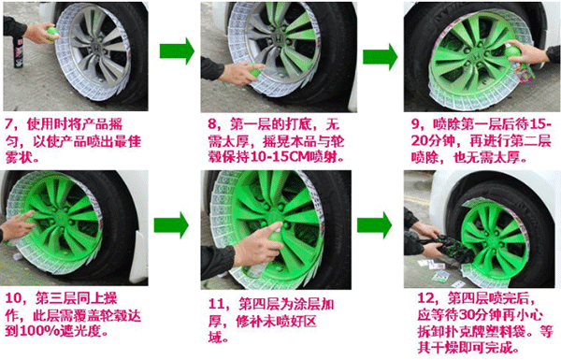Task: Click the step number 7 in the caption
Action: pos(9,124)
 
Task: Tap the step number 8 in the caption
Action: pos(212,124)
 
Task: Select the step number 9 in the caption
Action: pos(415,124)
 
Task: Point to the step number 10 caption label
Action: pos(14,298)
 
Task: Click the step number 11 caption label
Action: pos(217,304)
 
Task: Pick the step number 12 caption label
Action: pos(426,298)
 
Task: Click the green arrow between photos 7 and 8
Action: pos(177,51)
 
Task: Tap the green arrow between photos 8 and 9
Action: pos(381,56)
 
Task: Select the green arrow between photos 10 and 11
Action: pos(171,225)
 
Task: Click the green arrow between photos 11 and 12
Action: pos(375,225)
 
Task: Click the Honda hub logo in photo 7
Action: pos(97,48)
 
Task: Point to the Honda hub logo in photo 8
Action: pos(279,38)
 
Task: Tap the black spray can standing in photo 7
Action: pos(19,52)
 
